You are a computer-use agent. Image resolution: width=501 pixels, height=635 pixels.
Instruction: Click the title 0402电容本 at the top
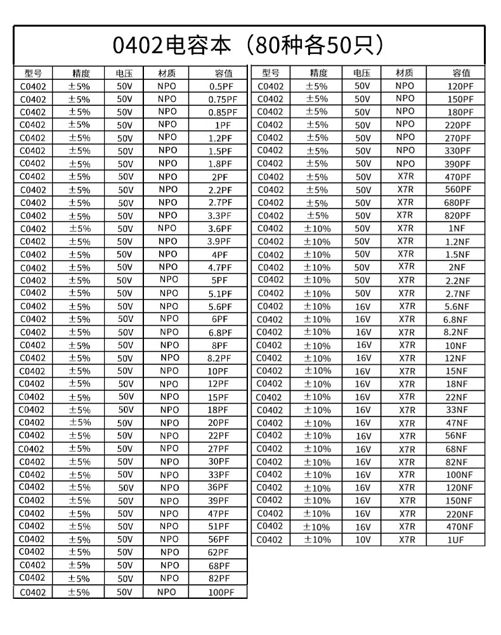tap(249, 45)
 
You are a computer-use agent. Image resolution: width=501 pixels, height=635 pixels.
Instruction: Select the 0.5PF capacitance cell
tap(219, 86)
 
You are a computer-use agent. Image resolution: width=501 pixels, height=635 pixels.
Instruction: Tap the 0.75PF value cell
tap(223, 99)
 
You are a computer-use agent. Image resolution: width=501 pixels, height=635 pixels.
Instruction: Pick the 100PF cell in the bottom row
tap(221, 592)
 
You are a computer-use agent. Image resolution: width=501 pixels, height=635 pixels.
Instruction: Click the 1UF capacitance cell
tap(457, 540)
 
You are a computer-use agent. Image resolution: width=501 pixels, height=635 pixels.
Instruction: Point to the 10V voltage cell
tap(362, 540)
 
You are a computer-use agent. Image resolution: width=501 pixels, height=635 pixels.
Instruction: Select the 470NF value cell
tap(459, 527)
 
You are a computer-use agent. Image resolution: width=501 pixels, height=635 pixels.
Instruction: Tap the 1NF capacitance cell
tap(457, 228)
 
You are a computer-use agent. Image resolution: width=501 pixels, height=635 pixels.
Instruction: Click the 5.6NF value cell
tap(457, 307)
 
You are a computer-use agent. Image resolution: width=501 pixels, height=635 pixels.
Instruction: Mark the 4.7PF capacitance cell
tap(220, 267)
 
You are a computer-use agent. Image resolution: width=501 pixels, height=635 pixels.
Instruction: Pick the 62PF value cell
tap(219, 553)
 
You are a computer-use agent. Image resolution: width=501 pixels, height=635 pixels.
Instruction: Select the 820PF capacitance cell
tap(458, 215)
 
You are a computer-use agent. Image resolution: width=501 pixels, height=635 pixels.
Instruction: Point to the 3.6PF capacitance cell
tap(220, 229)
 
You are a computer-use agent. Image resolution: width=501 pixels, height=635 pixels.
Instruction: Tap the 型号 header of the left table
tap(32, 73)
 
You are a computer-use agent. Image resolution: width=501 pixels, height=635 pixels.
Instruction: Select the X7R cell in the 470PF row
tap(405, 177)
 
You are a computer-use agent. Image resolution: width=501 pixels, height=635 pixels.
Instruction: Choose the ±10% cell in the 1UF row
tap(317, 540)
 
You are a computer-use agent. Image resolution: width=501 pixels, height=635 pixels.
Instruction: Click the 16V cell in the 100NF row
tap(362, 475)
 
